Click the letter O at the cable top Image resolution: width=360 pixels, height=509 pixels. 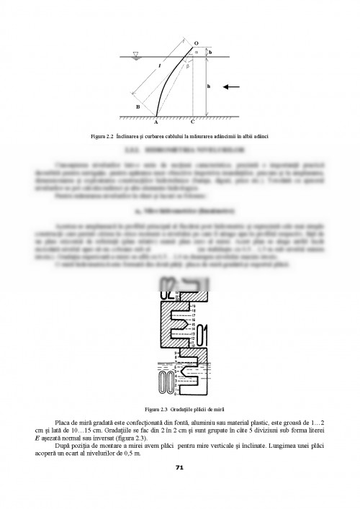click(195, 43)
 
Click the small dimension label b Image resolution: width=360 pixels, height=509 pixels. click(210, 53)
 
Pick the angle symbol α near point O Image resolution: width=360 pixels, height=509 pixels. click(195, 52)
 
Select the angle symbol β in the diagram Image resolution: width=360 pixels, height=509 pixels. click(188, 66)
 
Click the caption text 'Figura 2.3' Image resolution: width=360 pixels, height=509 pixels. click(152, 408)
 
